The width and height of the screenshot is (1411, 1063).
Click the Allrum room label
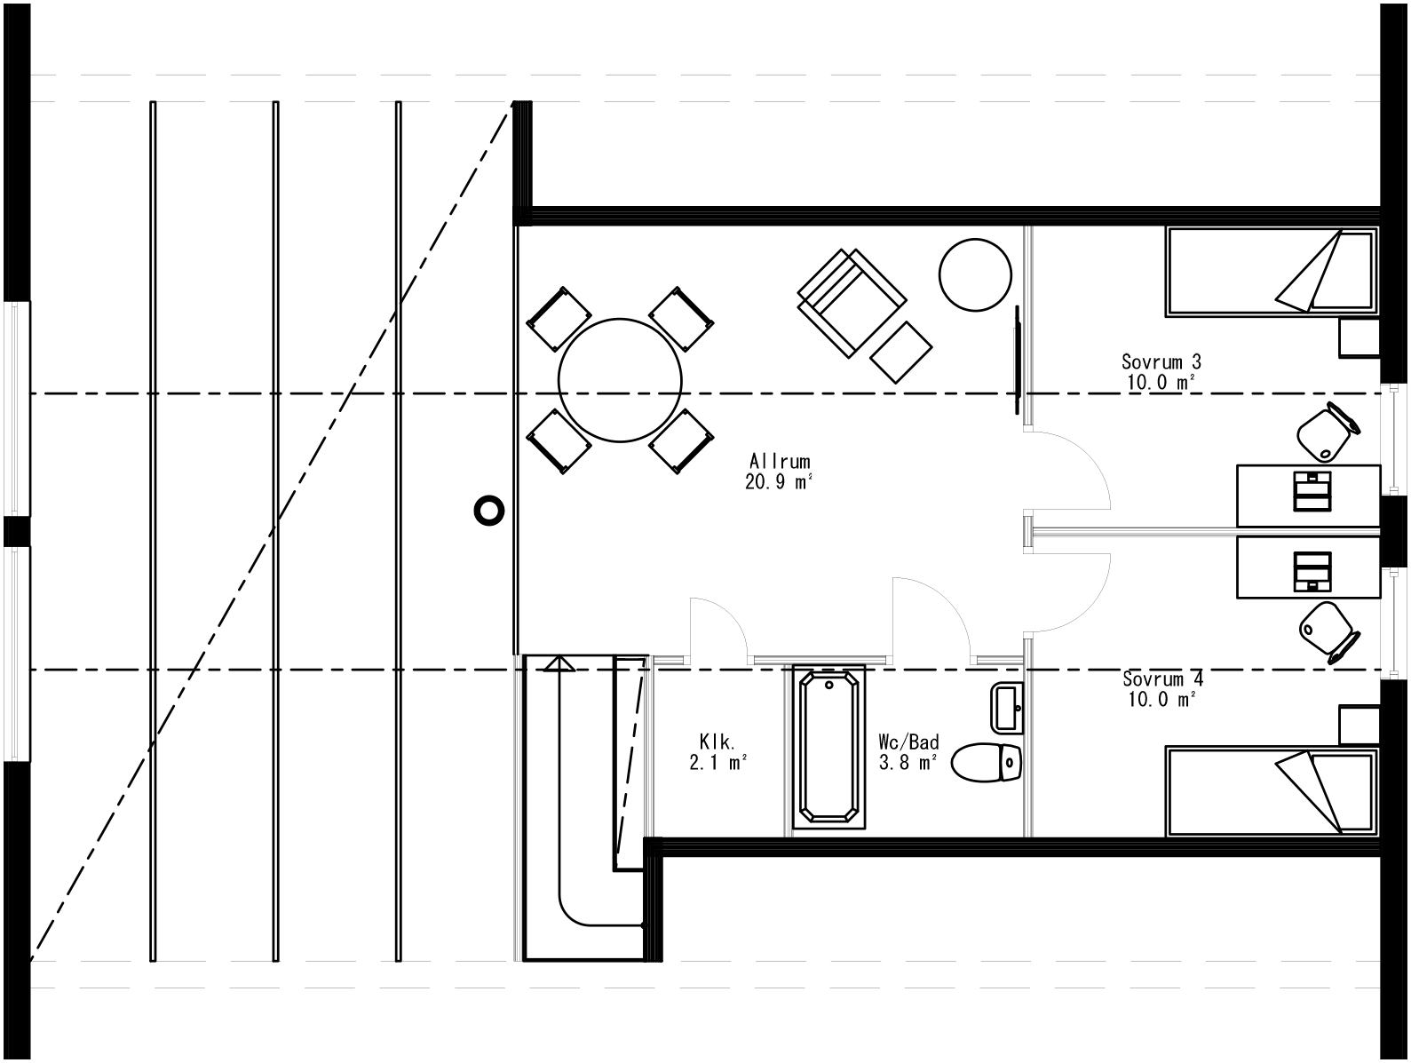(780, 462)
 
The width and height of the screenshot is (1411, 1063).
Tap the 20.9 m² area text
(780, 482)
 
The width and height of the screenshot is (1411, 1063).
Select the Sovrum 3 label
(1161, 361)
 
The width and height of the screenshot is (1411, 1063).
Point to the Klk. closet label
(715, 741)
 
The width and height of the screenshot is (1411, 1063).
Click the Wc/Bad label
(908, 742)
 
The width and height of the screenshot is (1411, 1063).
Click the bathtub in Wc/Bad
(828, 747)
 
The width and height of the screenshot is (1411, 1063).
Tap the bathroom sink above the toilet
(1006, 708)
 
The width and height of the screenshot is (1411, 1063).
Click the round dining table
(620, 380)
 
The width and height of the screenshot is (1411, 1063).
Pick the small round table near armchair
(975, 274)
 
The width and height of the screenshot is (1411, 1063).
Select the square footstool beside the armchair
(902, 353)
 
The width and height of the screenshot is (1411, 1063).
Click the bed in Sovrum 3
(1270, 271)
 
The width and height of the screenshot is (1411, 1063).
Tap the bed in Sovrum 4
(1270, 792)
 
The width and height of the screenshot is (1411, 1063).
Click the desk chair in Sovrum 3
(1327, 432)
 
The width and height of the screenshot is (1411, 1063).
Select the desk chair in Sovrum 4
(1327, 631)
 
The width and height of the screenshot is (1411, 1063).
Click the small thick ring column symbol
(488, 511)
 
